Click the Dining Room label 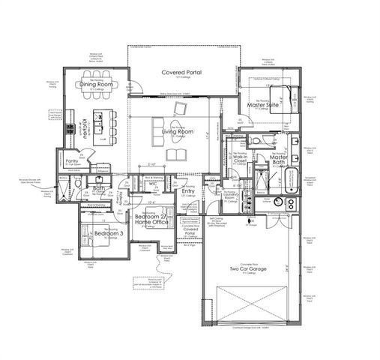click(97, 85)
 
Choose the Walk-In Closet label click(241, 159)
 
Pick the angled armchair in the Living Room click(178, 110)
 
